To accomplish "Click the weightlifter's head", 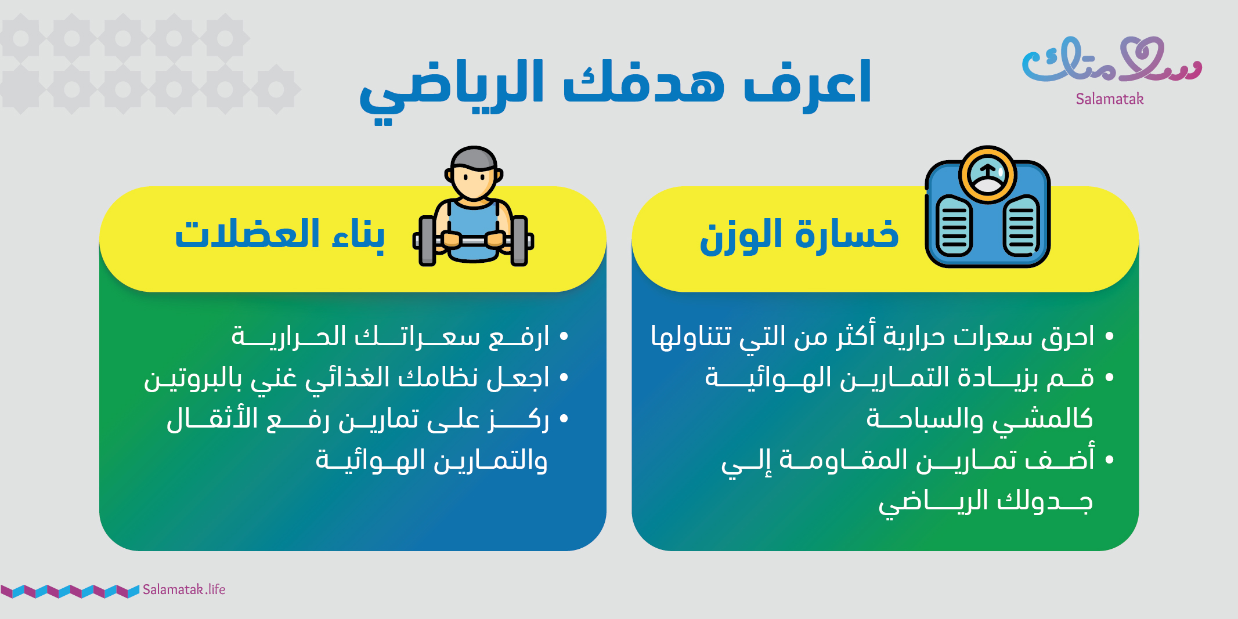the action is pyautogui.click(x=474, y=173).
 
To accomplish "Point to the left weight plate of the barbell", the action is pyautogui.click(x=427, y=240).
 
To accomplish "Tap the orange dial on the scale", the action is pyautogui.click(x=987, y=173).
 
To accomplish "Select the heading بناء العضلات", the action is pyautogui.click(x=280, y=235).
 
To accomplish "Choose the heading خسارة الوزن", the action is pyautogui.click(x=799, y=236).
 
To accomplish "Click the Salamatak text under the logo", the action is pyautogui.click(x=1110, y=99).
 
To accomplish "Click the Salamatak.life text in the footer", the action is pyautogui.click(x=184, y=589).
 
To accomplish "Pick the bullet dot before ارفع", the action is pyautogui.click(x=564, y=336).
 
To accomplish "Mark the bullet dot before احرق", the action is pyautogui.click(x=1110, y=336).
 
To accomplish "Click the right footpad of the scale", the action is pyautogui.click(x=1022, y=226).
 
